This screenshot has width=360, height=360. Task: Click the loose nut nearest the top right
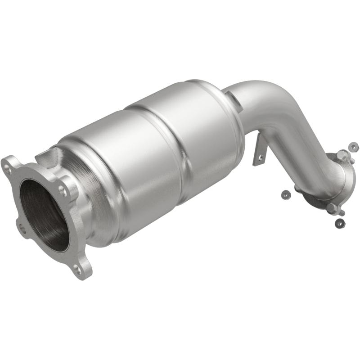tap(354, 147)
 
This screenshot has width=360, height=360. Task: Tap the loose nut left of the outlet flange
tap(284, 194)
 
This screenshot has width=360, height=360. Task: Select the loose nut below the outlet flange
tap(340, 222)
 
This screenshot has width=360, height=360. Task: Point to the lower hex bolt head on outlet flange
tap(332, 208)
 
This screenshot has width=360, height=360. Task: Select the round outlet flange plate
tap(335, 180)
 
